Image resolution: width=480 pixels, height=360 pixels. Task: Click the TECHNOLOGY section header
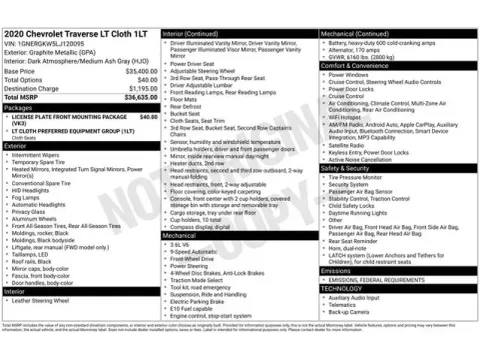click(x=342, y=287)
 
